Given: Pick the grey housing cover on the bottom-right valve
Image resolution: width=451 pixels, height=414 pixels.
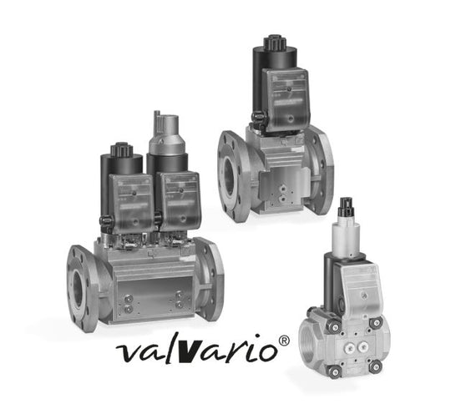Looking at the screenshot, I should [365, 289].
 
